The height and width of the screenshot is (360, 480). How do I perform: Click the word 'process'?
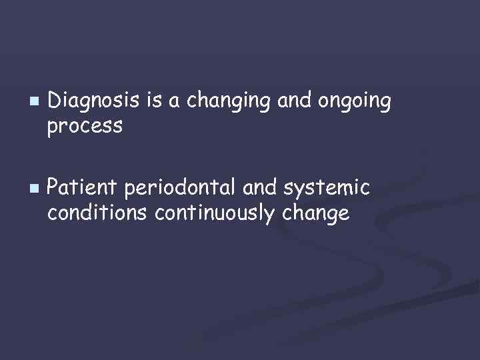coord(85,126)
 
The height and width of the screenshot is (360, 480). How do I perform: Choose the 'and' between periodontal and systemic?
coord(260,189)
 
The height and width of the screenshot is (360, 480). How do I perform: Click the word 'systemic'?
coord(327,189)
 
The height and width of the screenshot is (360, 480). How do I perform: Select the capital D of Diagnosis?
coord(56,101)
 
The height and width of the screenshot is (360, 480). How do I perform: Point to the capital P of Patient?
coord(55,189)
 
